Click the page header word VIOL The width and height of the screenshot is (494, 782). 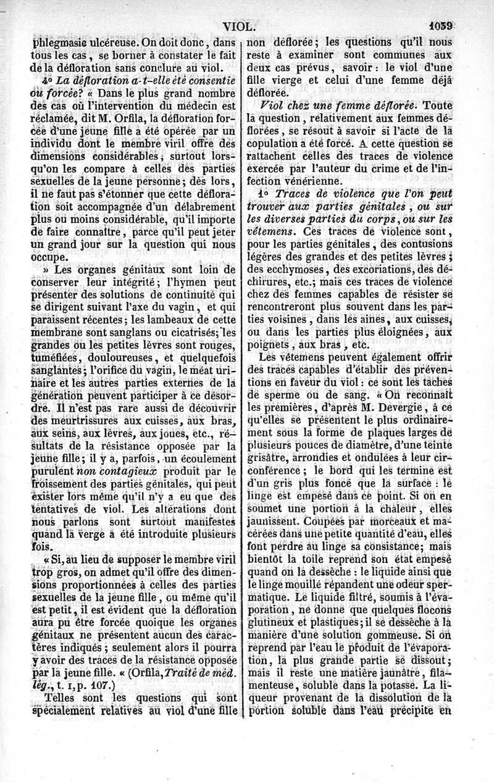240,26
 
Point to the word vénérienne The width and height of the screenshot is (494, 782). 312,181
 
